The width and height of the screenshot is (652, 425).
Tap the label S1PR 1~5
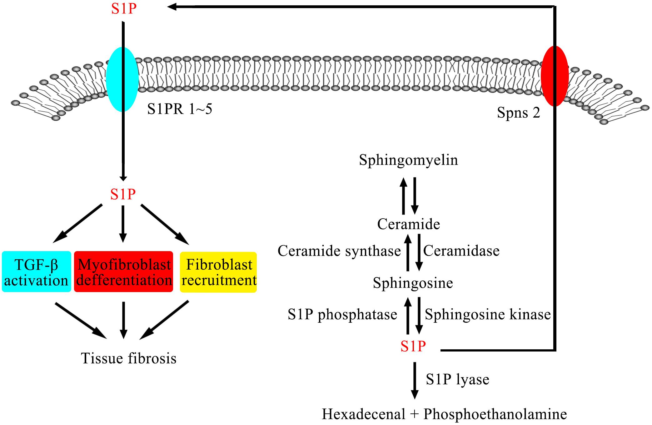(x=180, y=109)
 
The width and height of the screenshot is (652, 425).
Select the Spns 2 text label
(x=518, y=112)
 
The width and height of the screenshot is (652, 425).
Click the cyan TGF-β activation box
(x=37, y=272)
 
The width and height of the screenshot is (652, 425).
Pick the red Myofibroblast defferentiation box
(x=124, y=272)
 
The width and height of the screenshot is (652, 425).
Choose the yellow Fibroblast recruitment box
(x=218, y=272)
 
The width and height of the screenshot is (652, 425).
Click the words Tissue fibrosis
(x=129, y=358)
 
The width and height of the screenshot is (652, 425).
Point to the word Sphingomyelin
(x=408, y=160)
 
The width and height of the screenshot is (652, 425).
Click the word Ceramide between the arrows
(x=408, y=224)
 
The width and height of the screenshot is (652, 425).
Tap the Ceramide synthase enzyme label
(x=339, y=251)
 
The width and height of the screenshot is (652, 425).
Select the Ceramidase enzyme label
(x=461, y=251)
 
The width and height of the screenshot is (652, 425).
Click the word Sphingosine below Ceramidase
(x=413, y=283)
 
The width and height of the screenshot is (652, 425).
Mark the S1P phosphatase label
(x=342, y=315)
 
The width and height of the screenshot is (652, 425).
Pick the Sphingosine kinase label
(x=487, y=315)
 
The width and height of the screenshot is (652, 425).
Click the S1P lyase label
(x=457, y=379)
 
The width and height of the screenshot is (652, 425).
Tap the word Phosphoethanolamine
(x=495, y=414)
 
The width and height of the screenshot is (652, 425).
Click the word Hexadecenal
(x=364, y=414)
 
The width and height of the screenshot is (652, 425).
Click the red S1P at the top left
(x=124, y=9)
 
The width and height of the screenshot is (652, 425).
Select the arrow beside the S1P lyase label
(x=415, y=380)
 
